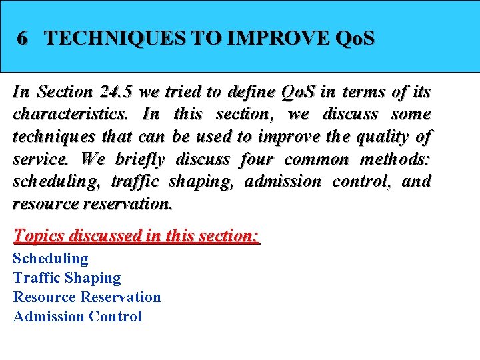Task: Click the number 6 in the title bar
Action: coord(23,38)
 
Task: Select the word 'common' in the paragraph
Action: coord(316,159)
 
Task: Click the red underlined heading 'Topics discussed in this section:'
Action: coord(136,236)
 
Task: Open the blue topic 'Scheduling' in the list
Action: coord(51,258)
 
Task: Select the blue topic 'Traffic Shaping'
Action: coord(67,277)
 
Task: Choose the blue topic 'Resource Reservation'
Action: coord(87,297)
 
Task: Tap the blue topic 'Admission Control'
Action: coord(77,316)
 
